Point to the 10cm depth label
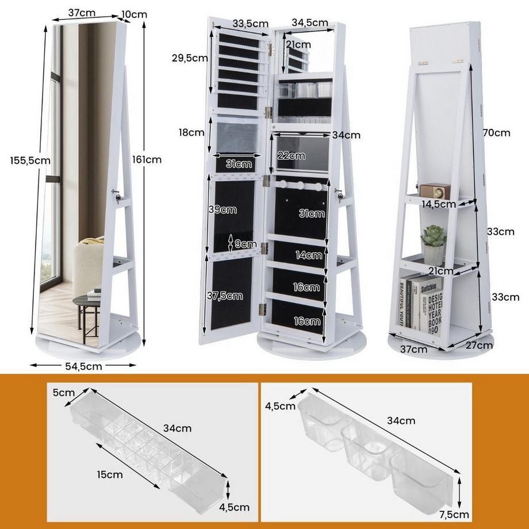[135, 13]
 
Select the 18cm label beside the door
[191, 132]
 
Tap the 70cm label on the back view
[497, 133]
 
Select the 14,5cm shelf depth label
[439, 204]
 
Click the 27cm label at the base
[478, 345]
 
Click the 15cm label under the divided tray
[110, 474]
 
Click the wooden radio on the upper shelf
[435, 190]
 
